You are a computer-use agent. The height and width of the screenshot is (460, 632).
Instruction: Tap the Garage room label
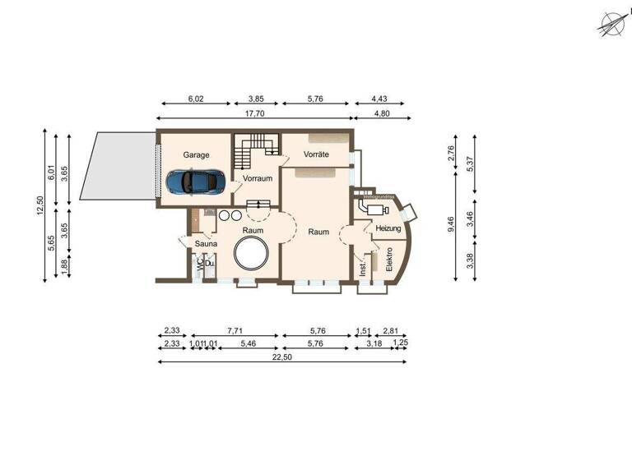point(196,154)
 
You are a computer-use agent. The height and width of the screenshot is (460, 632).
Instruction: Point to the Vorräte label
point(316,154)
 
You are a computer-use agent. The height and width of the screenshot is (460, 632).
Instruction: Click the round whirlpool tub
point(251,254)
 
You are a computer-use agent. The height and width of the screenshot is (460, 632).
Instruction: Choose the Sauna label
point(205,244)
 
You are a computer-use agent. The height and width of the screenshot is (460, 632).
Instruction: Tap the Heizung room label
point(388,229)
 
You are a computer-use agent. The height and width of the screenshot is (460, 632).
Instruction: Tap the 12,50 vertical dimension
point(39,205)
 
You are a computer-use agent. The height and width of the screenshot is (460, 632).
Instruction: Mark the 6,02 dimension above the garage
point(196,99)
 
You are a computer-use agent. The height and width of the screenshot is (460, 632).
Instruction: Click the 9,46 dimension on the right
point(450,224)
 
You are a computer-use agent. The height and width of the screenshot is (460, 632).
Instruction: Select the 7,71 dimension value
point(235,331)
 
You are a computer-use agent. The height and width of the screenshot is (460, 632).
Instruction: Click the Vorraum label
point(257,178)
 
